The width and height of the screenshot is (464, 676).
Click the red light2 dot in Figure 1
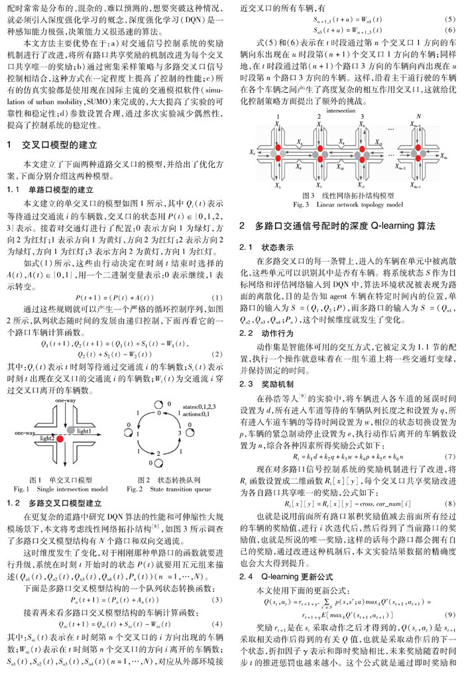60,439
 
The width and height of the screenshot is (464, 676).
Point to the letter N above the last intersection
418,119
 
